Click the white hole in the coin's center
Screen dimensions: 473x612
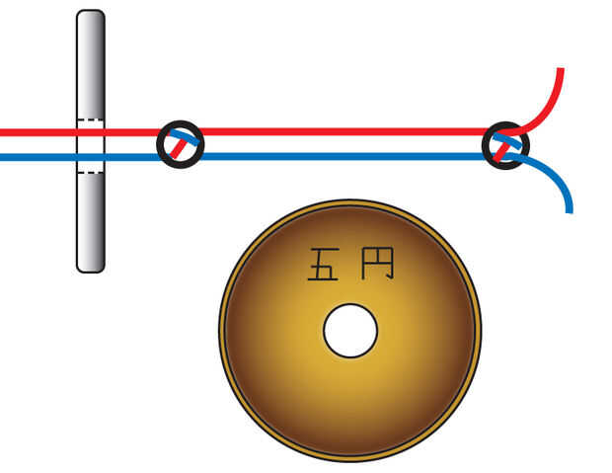tap(350, 331)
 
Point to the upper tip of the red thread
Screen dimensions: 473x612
tap(561, 71)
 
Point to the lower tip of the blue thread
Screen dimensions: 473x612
tap(570, 208)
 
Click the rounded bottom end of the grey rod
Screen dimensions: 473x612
tap(90, 265)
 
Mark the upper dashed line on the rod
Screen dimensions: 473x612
tap(90, 120)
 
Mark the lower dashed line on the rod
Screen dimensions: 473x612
tap(90, 173)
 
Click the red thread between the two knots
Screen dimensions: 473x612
tap(345, 131)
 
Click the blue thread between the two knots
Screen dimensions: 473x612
tap(345, 156)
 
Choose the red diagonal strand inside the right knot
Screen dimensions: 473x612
tap(502, 149)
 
